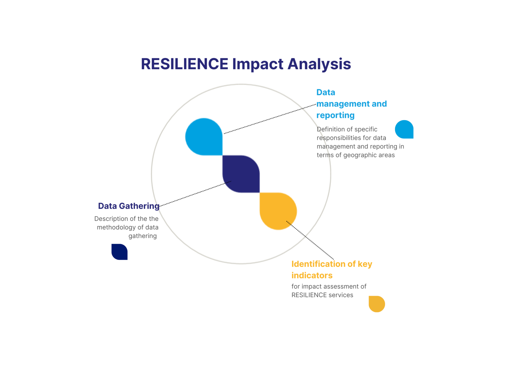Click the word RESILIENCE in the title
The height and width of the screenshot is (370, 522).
[185, 64]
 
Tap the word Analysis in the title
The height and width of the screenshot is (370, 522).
[319, 64]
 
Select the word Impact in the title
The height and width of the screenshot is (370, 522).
[258, 64]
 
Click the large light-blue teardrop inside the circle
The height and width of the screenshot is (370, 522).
[204, 137]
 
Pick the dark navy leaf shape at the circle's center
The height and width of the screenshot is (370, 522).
[241, 174]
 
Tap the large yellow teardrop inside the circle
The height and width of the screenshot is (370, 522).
[278, 211]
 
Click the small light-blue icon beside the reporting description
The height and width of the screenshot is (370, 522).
[404, 129]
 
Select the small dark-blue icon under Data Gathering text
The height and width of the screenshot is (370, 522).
[120, 252]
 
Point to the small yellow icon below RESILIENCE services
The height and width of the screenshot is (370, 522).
[377, 304]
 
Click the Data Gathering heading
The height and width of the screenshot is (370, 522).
[129, 206]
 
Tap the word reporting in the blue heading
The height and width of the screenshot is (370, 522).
[335, 115]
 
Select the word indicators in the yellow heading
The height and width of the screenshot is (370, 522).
[312, 275]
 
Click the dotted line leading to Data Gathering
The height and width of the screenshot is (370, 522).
[195, 194]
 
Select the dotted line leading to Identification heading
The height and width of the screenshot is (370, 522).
[310, 240]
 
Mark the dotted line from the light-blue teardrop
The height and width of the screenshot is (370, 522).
[270, 119]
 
